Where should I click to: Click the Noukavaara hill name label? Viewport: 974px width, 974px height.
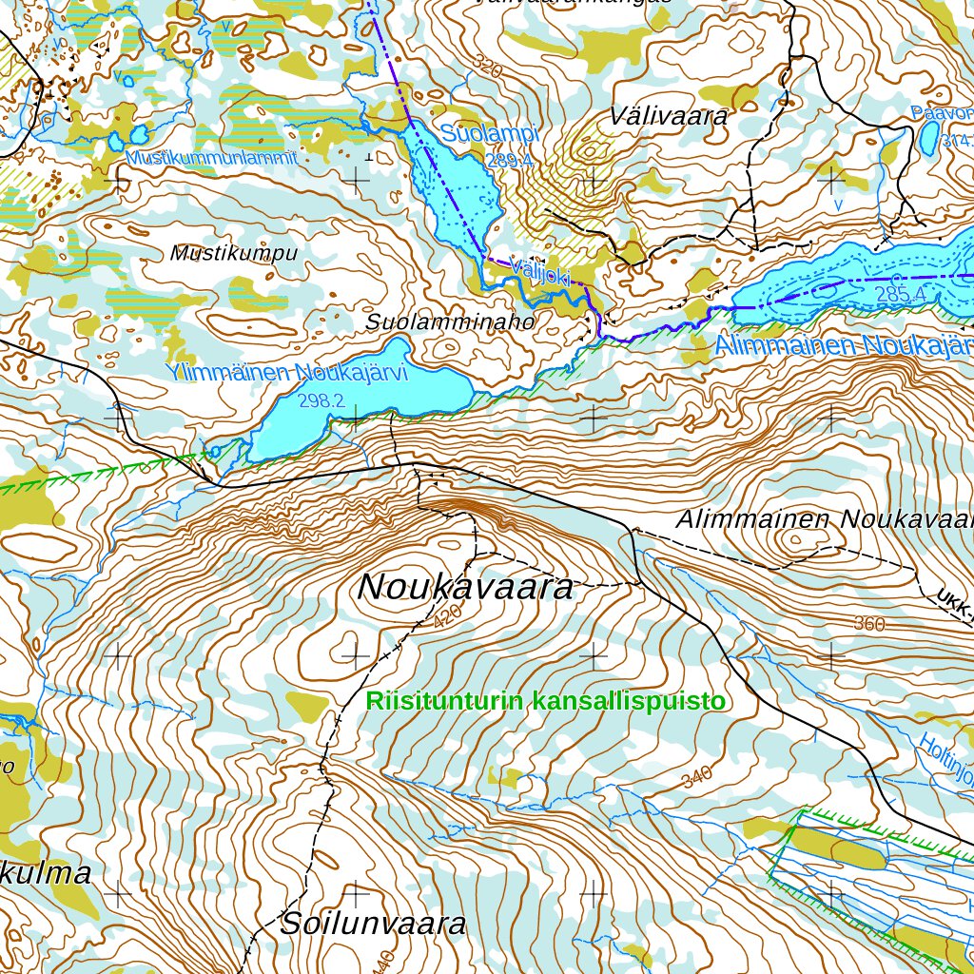tap(465, 587)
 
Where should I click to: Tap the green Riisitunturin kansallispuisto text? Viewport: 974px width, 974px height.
tap(546, 702)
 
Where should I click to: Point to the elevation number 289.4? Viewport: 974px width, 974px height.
tap(509, 161)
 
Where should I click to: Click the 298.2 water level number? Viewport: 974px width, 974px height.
tap(321, 401)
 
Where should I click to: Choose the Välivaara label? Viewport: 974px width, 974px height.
tap(670, 117)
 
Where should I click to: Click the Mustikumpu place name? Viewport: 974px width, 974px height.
tap(234, 254)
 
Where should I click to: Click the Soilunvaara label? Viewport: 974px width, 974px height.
tap(373, 924)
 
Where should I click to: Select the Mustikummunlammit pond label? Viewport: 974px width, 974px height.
tap(211, 158)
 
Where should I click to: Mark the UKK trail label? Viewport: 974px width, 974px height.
tap(954, 600)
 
